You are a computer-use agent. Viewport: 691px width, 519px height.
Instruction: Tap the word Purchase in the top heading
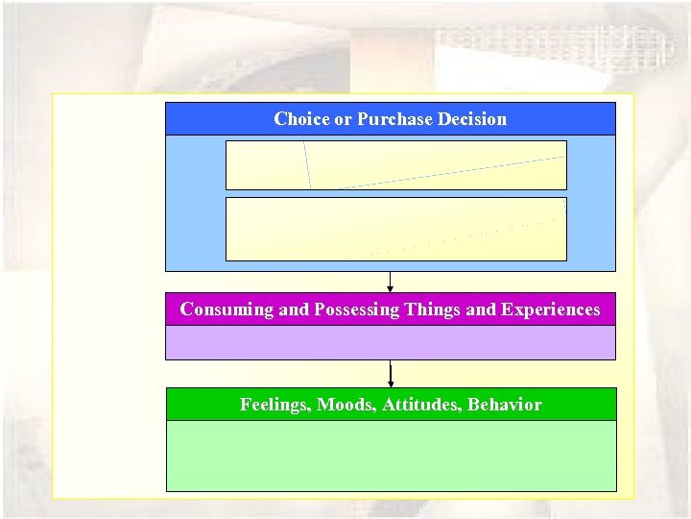click(x=393, y=119)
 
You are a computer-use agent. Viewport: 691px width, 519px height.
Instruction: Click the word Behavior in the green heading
click(x=505, y=405)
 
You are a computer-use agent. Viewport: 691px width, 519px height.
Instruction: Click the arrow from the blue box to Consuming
click(x=390, y=283)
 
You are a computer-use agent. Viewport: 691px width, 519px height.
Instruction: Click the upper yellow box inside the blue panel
click(x=395, y=165)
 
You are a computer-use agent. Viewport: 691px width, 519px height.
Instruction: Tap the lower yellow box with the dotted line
click(x=395, y=229)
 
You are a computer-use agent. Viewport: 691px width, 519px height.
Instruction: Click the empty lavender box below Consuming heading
click(x=390, y=342)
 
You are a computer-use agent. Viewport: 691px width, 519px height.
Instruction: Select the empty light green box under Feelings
click(x=390, y=456)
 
